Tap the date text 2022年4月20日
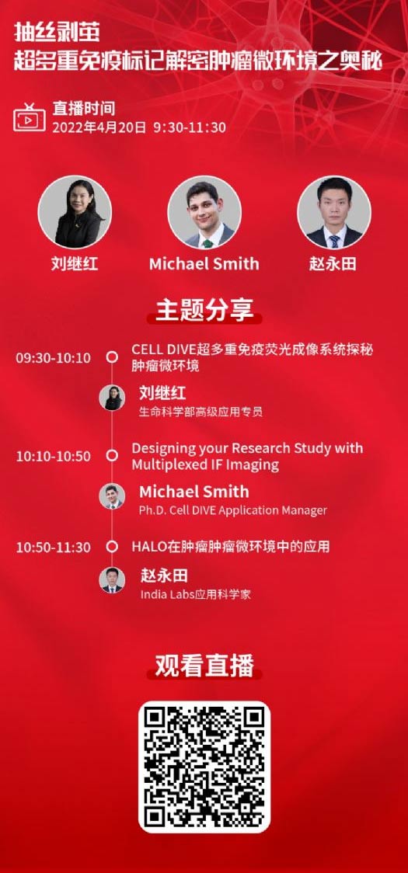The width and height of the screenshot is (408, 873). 99,127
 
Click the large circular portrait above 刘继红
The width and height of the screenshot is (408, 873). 75,211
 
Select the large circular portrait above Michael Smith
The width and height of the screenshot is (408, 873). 204,211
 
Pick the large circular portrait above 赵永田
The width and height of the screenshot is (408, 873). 334,211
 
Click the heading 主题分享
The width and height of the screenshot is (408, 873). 204,310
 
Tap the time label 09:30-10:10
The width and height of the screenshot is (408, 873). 53,357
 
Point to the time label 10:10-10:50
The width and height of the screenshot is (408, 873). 53,456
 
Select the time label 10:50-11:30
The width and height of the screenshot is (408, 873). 53,547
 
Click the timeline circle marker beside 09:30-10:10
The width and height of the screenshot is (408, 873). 112,357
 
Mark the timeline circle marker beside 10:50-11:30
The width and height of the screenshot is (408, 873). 112,546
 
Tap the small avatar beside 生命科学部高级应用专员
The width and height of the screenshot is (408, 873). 112,398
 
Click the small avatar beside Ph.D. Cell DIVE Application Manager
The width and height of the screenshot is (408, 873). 112,496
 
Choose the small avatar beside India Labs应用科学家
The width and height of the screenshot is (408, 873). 112,580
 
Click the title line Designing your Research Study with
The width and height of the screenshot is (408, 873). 247,449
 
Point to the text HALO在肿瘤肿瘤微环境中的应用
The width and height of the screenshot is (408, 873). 230,546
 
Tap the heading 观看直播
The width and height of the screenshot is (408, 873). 204,666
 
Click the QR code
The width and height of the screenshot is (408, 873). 204,767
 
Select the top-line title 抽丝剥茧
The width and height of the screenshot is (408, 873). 57,33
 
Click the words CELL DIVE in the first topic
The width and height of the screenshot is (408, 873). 162,350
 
